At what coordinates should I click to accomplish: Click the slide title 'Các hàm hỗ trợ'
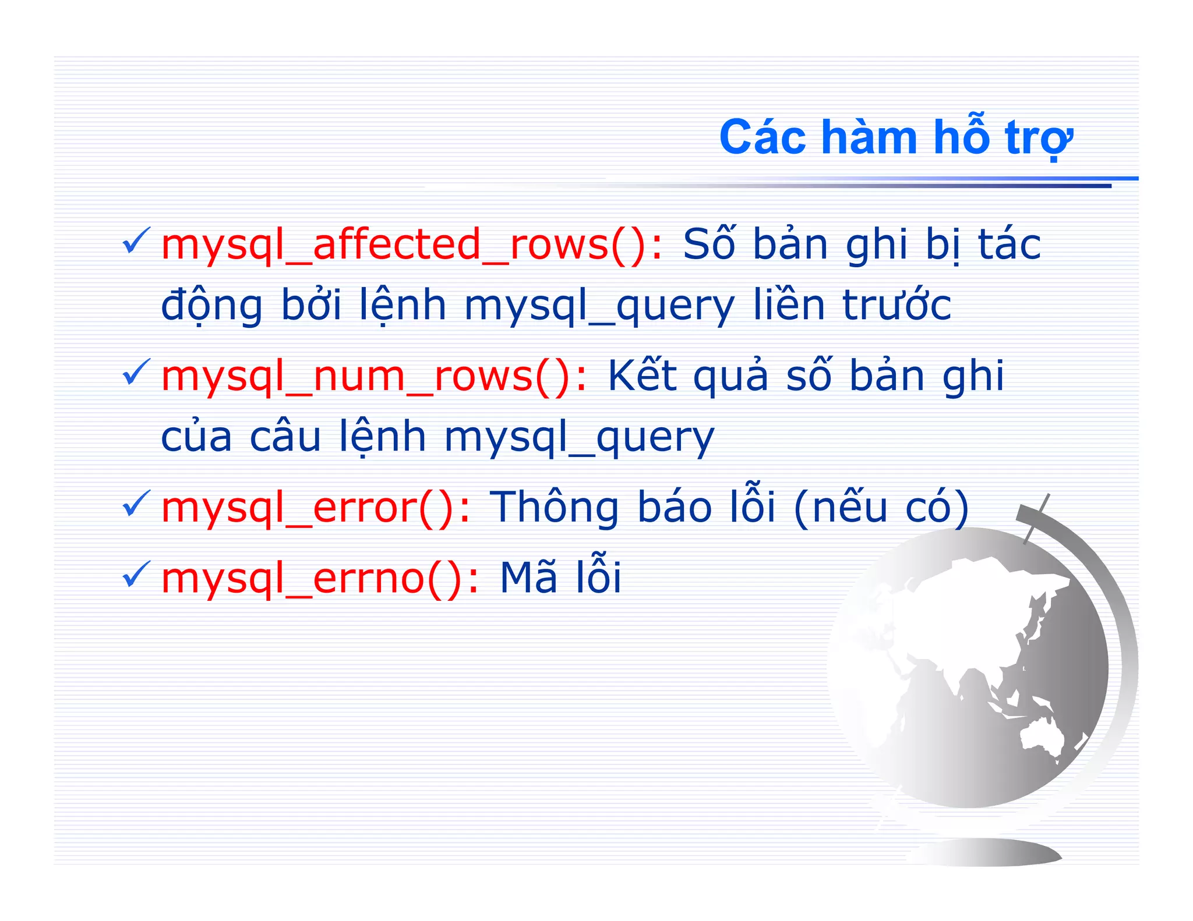896,137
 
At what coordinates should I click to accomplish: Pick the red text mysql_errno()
320,578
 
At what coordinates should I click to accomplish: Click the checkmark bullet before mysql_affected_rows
136,241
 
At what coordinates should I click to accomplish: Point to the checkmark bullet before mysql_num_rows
136,373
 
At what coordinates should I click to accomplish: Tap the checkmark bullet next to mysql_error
136,504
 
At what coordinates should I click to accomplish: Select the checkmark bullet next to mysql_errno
136,575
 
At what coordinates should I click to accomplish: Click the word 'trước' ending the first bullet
896,305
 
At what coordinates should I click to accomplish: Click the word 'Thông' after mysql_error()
554,508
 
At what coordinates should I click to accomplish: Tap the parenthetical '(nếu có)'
881,508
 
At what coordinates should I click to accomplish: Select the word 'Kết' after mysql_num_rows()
642,376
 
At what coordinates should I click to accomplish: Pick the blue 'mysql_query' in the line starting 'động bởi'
599,306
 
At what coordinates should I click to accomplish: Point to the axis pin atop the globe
1036,518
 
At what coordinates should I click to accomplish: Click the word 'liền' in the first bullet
789,305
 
